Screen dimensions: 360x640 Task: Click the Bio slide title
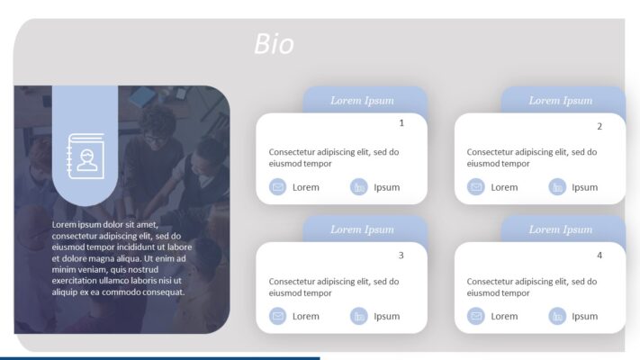274,44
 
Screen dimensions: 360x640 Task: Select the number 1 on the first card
401,122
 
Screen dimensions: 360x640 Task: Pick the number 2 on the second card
599,126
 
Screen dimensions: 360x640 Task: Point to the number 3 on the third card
401,255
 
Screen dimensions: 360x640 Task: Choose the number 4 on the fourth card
599,256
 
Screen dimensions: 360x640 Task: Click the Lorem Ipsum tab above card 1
362,100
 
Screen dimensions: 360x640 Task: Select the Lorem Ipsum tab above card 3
362,229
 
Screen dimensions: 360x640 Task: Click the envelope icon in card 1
278,187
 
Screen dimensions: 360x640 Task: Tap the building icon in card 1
359,187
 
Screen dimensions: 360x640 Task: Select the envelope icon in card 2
476,187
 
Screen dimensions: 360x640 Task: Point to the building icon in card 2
557,187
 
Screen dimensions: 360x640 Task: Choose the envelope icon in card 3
278,316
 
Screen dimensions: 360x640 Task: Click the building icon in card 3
359,316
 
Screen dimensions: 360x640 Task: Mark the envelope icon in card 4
476,316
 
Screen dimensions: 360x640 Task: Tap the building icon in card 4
557,316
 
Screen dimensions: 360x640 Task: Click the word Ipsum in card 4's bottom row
585,316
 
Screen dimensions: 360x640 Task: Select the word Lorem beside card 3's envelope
306,316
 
